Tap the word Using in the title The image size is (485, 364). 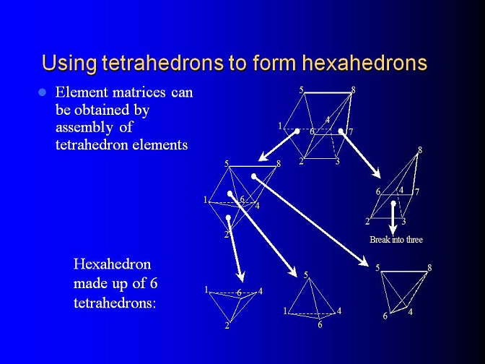pyautogui.click(x=69, y=64)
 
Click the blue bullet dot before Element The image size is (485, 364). pyautogui.click(x=42, y=92)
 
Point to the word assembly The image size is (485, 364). pyautogui.click(x=84, y=128)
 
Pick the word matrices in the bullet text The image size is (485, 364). pyautogui.click(x=139, y=92)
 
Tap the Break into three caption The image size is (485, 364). pyautogui.click(x=396, y=239)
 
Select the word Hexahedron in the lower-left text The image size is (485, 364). pyautogui.click(x=113, y=264)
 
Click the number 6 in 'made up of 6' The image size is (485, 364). pyautogui.click(x=154, y=283)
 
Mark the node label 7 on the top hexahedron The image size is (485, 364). pyautogui.click(x=351, y=132)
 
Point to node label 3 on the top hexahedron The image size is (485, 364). pyautogui.click(x=338, y=161)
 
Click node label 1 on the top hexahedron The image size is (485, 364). pyautogui.click(x=280, y=126)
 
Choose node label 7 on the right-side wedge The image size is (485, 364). pyautogui.click(x=417, y=192)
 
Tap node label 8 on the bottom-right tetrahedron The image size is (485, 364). pyautogui.click(x=429, y=267)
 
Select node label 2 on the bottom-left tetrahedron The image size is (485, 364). pyautogui.click(x=227, y=325)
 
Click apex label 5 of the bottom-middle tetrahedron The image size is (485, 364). pyautogui.click(x=306, y=275)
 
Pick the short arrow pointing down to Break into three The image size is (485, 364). pyautogui.click(x=393, y=218)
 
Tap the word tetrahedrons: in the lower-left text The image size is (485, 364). pyautogui.click(x=115, y=303)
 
